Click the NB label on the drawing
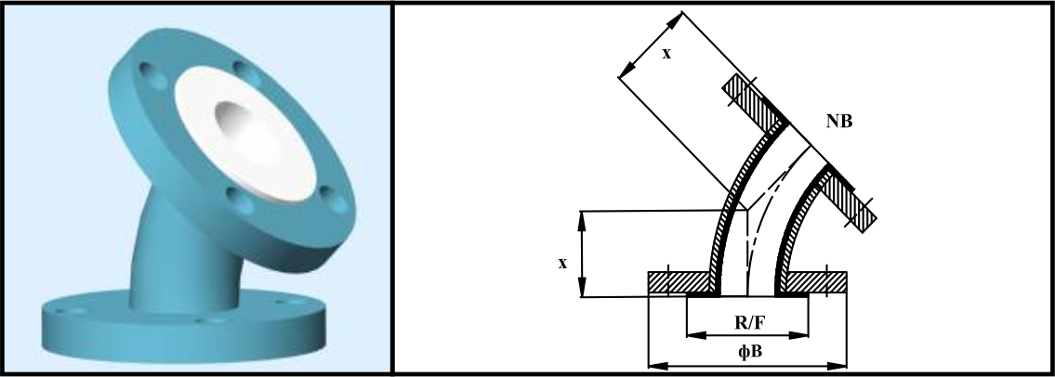839,122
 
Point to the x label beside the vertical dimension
562,264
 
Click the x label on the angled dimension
666,54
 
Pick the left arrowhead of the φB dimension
656,366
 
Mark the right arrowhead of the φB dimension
837,366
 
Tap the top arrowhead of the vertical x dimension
583,220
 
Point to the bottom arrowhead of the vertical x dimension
583,288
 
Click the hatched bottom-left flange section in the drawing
679,282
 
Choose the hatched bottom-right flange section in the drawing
817,282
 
